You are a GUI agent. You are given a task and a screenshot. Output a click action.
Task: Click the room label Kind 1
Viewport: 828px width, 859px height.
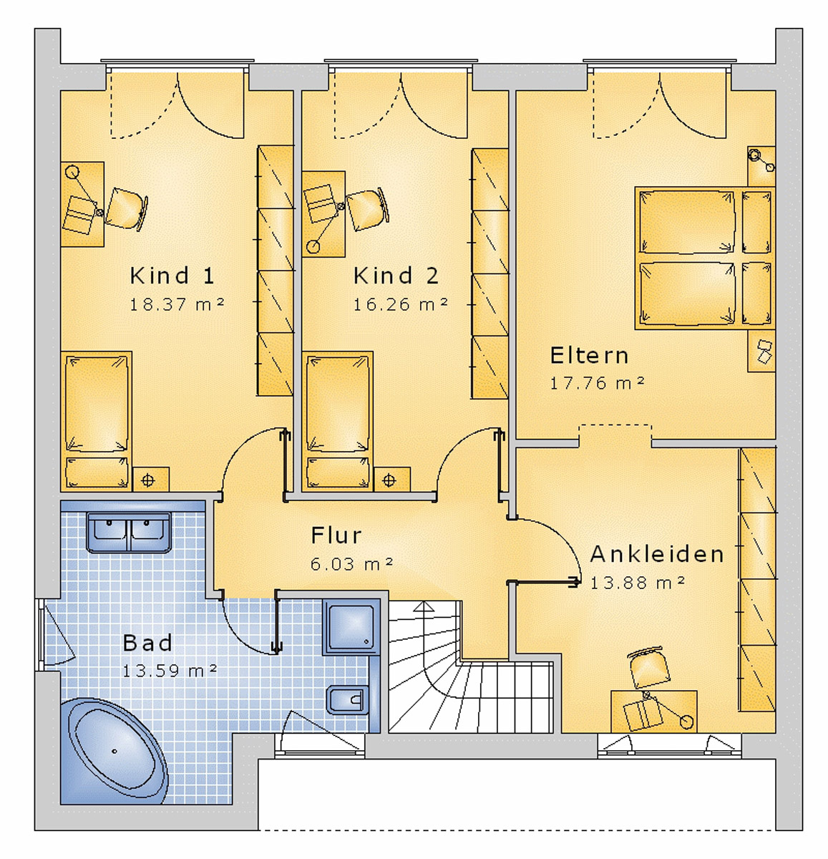[x=172, y=276]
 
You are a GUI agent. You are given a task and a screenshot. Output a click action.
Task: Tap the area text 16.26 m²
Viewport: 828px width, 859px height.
[x=400, y=305]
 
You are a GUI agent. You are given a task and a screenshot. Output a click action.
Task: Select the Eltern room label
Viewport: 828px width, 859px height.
[x=589, y=356]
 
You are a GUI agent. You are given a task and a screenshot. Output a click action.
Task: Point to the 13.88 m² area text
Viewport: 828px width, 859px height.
[x=637, y=583]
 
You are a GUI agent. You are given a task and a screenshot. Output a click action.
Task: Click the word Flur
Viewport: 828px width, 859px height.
[x=336, y=535]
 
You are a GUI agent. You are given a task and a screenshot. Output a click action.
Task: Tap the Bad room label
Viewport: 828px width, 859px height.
[x=147, y=643]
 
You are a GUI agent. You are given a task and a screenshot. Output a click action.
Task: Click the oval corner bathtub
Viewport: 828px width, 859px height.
[x=115, y=752]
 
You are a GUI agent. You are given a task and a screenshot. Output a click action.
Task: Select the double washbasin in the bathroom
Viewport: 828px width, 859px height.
[x=129, y=533]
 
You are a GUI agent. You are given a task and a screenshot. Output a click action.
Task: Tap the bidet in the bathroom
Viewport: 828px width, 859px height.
[x=348, y=699]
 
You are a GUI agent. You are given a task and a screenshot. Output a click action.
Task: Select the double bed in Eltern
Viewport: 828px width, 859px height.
[x=687, y=258]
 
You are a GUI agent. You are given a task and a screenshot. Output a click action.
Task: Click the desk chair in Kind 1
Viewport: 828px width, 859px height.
[x=127, y=208]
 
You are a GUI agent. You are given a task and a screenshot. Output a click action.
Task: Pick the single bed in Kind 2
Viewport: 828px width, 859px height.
[x=338, y=419]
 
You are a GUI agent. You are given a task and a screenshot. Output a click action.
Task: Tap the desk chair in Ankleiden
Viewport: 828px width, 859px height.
[x=648, y=668]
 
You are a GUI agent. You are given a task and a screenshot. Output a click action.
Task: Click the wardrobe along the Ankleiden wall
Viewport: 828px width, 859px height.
[x=756, y=580]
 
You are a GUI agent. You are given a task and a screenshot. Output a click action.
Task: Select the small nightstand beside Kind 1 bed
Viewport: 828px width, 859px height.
[x=149, y=480]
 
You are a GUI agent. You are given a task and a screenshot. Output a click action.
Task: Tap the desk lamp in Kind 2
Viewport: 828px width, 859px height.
[x=313, y=247]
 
